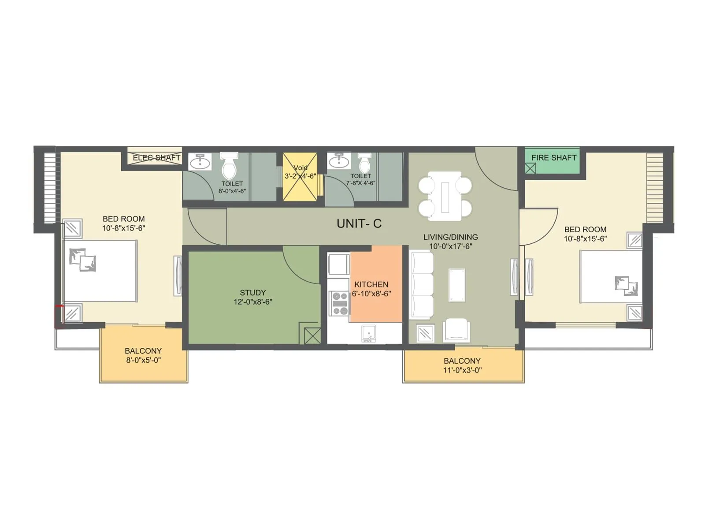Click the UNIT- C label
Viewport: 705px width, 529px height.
point(359,224)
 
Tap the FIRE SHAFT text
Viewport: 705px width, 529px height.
point(553,157)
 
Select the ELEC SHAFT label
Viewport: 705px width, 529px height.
point(156,157)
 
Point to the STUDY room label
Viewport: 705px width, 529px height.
point(252,292)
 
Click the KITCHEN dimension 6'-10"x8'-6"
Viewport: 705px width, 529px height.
point(371,294)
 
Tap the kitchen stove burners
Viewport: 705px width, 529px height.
point(339,303)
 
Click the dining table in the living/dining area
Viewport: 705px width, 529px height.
point(445,196)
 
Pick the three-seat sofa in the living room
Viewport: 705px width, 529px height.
point(421,285)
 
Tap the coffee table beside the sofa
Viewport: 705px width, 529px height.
point(457,285)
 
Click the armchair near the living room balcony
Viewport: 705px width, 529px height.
point(456,330)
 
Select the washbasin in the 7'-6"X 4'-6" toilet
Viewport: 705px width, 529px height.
point(339,161)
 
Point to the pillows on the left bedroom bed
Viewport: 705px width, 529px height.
point(83,260)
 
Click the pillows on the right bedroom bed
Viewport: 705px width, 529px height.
point(626,285)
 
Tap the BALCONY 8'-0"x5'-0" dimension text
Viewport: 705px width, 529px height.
point(143,360)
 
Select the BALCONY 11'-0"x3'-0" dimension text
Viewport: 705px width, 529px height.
point(462,370)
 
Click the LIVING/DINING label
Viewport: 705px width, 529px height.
point(450,237)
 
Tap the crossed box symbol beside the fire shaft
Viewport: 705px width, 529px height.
point(531,168)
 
